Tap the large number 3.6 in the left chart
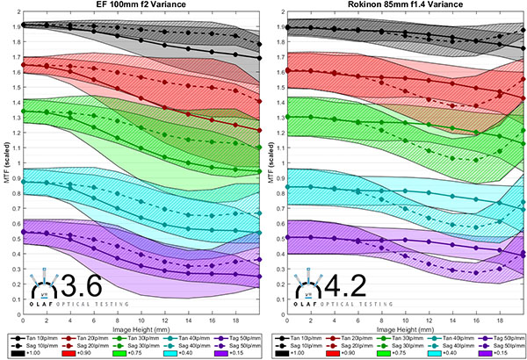coord(80,286)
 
